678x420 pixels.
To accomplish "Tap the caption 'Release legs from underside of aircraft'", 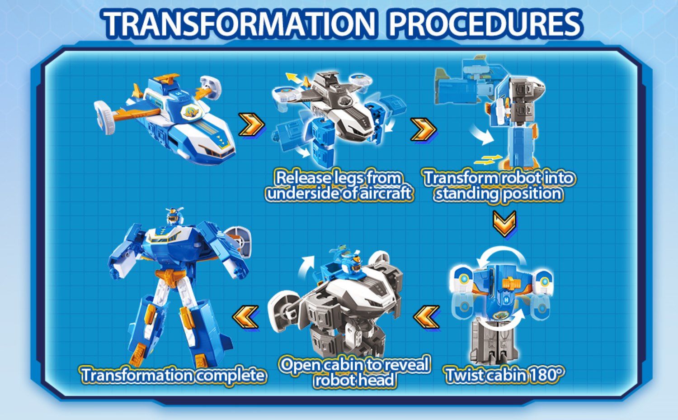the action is pos(339,186).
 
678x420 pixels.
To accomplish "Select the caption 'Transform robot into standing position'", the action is pos(499,186).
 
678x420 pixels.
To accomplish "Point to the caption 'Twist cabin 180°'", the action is pos(504,375).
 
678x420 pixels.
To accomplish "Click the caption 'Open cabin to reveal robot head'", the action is pos(354,372).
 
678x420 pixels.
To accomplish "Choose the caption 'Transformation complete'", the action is pos(173,375).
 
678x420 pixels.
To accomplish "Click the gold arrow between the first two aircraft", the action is pos(250,124).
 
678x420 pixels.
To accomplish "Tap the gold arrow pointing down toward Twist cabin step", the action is pos(504,224).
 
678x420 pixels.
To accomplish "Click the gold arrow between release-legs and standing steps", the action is pos(423,129).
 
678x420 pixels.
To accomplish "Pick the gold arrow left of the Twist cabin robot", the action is pos(426,317).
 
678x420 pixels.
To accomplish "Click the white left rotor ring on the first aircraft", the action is pos(105,119).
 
